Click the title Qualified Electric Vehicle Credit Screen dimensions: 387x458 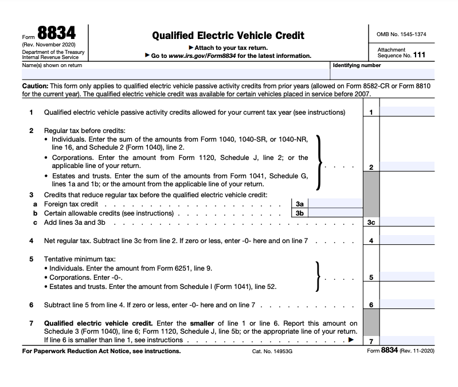(x=228, y=35)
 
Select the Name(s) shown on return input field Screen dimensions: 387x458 (x=166, y=75)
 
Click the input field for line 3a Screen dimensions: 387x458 (x=335, y=204)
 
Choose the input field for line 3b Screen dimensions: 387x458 (x=335, y=213)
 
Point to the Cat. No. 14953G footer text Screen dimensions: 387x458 (x=272, y=351)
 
